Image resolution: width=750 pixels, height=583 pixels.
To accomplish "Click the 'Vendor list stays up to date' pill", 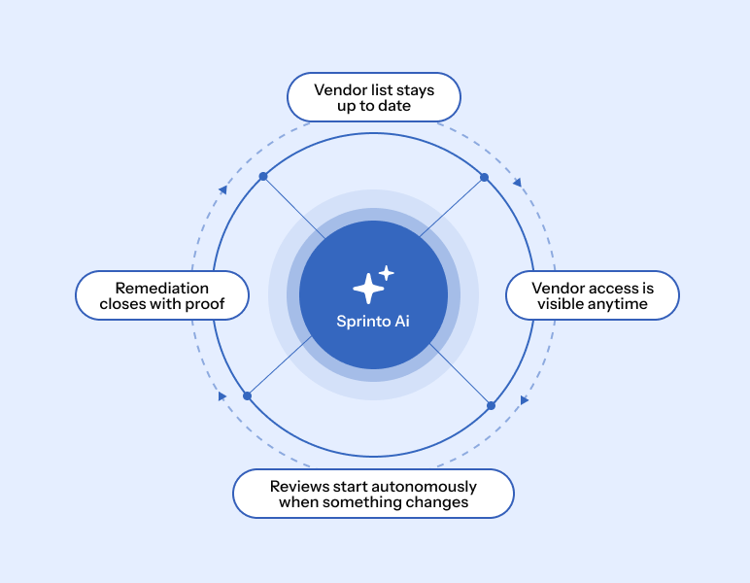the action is click(374, 97).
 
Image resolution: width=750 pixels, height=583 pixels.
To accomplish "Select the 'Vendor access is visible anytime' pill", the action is click(593, 295).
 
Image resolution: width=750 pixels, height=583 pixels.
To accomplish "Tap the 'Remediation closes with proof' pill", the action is click(162, 295).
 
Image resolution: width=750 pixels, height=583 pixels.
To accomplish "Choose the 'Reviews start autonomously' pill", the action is click(374, 494).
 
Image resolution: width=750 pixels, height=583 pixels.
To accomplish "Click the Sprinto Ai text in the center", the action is click(373, 321).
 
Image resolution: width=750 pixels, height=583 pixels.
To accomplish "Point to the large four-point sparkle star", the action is click(368, 289).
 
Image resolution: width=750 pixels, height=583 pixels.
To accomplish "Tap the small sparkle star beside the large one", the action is click(387, 273).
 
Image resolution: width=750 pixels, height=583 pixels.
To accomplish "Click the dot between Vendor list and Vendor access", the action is click(485, 178).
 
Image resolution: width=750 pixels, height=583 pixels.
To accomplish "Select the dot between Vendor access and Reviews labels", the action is click(491, 405).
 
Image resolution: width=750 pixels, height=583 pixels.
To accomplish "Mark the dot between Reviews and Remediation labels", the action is click(248, 396).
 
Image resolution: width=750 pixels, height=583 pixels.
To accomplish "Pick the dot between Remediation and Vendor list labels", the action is click(263, 177).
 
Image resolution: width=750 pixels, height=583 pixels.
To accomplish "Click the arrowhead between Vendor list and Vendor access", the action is click(517, 183).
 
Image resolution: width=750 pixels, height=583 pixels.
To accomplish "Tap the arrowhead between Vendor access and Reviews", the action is click(525, 399).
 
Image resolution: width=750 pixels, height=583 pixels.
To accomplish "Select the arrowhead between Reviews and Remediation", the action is click(222, 396).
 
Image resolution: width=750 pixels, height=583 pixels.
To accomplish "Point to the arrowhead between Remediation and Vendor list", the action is click(222, 189).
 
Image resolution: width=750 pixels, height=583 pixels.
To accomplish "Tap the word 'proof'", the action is click(205, 304).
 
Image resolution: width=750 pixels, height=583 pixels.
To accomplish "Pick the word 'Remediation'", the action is click(162, 288).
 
